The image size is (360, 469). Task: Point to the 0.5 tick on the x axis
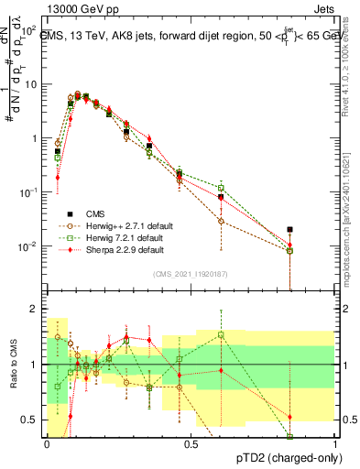pos(191,444)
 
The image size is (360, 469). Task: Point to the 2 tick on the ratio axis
pos(36,309)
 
